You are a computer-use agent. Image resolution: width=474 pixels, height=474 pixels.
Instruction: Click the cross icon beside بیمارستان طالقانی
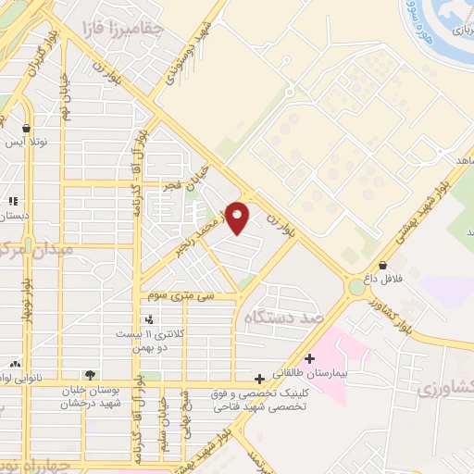click(310, 357)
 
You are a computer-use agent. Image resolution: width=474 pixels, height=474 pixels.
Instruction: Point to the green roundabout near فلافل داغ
click(356, 288)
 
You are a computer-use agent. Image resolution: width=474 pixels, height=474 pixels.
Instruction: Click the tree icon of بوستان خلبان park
click(90, 375)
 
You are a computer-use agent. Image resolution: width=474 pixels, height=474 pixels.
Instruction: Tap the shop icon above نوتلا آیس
click(27, 130)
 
